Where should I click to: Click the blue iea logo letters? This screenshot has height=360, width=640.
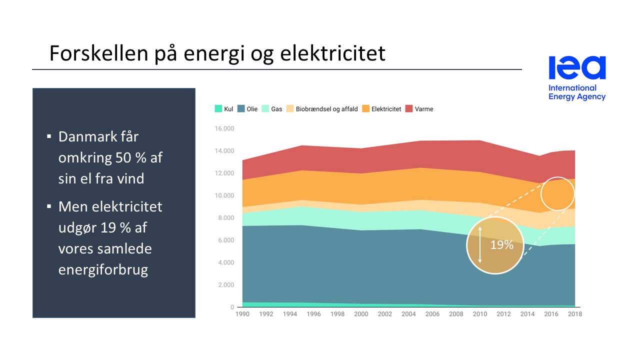coord(577,68)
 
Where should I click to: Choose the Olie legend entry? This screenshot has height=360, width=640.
coord(247,109)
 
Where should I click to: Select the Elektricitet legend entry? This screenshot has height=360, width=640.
coord(381,109)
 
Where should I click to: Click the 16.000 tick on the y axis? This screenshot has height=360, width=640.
coord(224,128)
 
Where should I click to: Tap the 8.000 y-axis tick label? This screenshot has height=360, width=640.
coord(225,218)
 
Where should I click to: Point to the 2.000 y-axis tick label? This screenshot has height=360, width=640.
coord(225,285)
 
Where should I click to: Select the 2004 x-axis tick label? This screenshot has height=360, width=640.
coord(408,314)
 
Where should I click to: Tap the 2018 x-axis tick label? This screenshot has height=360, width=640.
coord(575,314)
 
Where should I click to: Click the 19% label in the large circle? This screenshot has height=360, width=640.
coord(501,245)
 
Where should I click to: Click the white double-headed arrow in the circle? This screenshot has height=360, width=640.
coord(480,245)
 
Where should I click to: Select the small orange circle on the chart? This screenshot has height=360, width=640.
coord(557,193)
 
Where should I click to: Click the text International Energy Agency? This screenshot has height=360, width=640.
coord(576,92)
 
